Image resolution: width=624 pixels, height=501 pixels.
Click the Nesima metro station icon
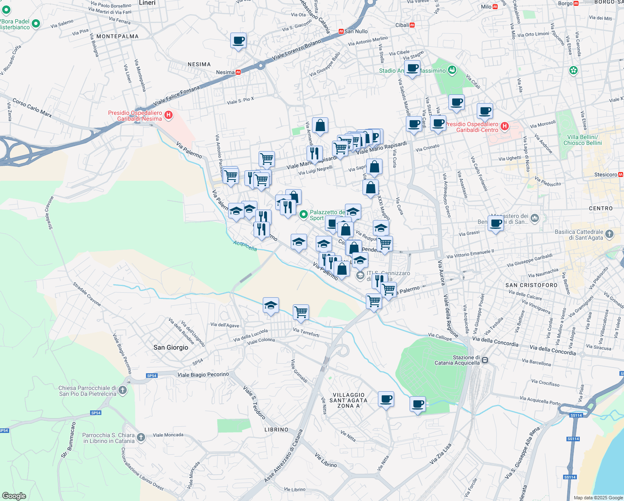tap(238, 72)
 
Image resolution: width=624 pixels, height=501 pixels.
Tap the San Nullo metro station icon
tap(341, 31)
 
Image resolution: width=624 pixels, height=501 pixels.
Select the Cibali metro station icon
tap(412, 25)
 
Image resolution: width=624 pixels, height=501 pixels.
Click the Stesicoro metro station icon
tap(621, 175)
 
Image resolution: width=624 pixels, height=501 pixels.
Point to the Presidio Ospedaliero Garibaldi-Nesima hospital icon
tap(169, 115)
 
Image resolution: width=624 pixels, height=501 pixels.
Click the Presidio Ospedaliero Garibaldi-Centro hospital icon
tap(505, 126)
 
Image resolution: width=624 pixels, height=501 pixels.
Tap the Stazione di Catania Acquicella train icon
tap(485, 360)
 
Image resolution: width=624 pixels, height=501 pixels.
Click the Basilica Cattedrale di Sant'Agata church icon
tap(609, 234)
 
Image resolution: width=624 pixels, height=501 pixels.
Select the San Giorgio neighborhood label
tap(171, 347)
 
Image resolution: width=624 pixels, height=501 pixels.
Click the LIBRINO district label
tap(276, 430)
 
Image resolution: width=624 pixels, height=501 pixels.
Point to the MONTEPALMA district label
tap(117, 36)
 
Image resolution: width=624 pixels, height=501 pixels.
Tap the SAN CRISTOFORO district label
tap(531, 285)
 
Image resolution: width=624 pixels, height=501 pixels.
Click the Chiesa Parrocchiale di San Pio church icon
tap(122, 390)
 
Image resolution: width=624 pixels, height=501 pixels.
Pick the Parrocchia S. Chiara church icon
tap(141, 438)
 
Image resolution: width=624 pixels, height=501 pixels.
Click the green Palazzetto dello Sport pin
tap(304, 215)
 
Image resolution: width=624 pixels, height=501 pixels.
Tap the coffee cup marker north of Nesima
tap(238, 41)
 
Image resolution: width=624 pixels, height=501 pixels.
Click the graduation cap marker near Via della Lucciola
tap(271, 306)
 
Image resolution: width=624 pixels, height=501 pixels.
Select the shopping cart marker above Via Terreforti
tap(301, 312)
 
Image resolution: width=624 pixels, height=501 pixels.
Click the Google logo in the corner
tap(14, 496)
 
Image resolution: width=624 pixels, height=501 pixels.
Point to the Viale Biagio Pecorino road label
tap(203, 374)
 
